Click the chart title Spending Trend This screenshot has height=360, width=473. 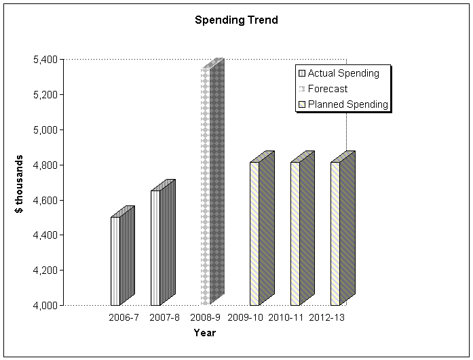point(236,20)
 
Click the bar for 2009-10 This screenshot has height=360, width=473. point(258,233)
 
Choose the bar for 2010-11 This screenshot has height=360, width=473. point(299,233)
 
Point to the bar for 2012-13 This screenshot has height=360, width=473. point(339,233)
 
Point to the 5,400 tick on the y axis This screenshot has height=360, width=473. point(44,60)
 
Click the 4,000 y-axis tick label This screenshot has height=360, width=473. point(44,306)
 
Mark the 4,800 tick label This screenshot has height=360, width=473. point(44,165)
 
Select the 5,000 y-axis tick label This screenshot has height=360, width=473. point(44,129)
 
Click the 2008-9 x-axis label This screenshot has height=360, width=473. point(204,318)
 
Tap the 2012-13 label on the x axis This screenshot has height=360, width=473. point(326,318)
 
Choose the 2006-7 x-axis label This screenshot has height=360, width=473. point(124,318)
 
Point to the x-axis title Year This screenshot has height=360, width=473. point(204,333)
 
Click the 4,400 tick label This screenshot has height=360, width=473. point(44,235)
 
